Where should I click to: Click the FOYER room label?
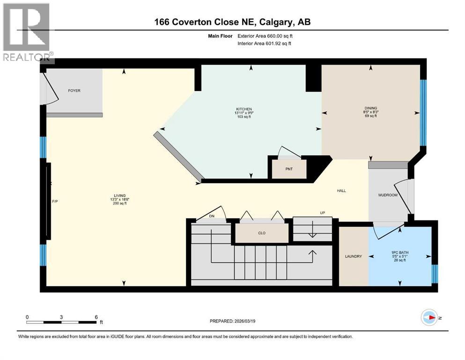(74, 90)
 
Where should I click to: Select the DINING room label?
(371, 108)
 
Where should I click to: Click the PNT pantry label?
(289, 169)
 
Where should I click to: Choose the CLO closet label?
(262, 233)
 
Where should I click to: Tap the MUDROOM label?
(388, 195)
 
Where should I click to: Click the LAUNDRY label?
(354, 256)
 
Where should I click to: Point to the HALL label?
(341, 191)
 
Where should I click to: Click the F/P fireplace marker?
(54, 201)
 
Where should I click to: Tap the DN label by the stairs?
(211, 217)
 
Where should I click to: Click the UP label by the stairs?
(322, 213)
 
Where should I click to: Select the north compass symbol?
(429, 317)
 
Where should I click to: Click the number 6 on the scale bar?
(96, 317)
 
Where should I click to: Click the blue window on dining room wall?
(423, 112)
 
